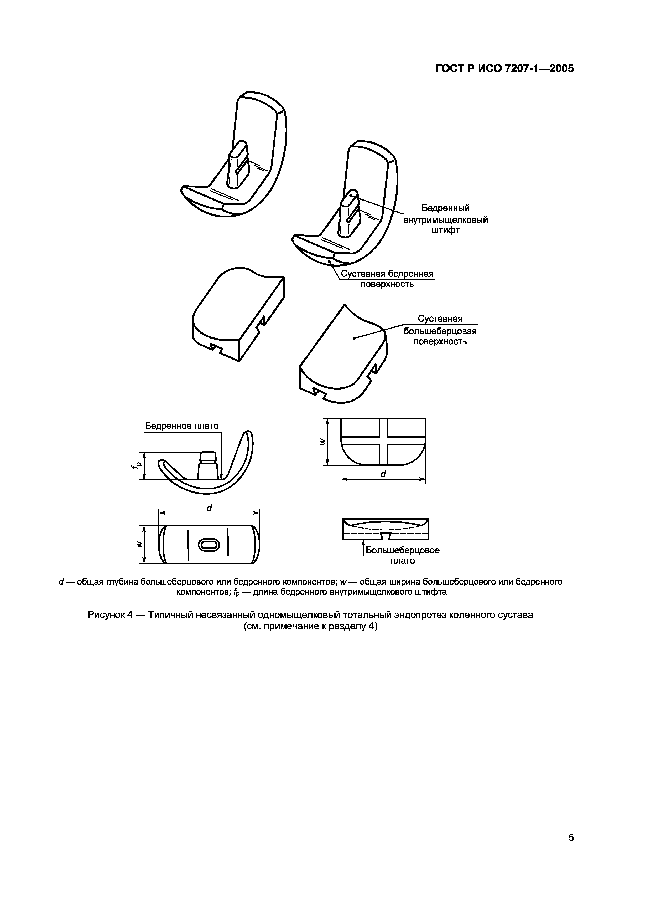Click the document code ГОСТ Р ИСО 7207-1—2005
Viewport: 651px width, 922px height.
click(504, 69)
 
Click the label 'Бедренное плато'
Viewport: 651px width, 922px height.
click(182, 426)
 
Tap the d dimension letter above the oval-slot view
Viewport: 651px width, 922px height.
click(209, 508)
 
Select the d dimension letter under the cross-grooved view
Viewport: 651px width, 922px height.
click(383, 474)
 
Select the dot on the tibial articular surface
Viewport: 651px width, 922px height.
click(354, 338)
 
